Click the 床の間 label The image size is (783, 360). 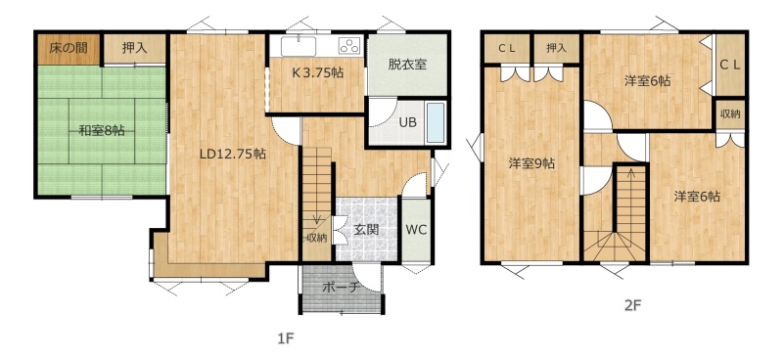point(69,48)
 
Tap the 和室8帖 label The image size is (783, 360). point(102,131)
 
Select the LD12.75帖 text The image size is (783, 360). point(232,154)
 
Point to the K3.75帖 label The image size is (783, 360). point(317,72)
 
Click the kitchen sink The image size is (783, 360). point(299,46)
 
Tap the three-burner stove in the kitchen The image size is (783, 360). point(349,45)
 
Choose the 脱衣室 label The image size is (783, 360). point(407,64)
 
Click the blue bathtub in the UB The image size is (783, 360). point(436,123)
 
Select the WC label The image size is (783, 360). point(416,230)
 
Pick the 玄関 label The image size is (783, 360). point(366,230)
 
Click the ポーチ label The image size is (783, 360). point(342,288)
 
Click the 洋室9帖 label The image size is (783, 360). point(531,163)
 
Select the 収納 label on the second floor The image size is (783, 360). point(729,113)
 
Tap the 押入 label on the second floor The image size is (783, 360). point(556,48)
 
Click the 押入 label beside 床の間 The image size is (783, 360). point(134,48)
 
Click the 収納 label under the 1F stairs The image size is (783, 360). point(317,238)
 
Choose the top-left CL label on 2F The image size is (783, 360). point(507,48)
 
